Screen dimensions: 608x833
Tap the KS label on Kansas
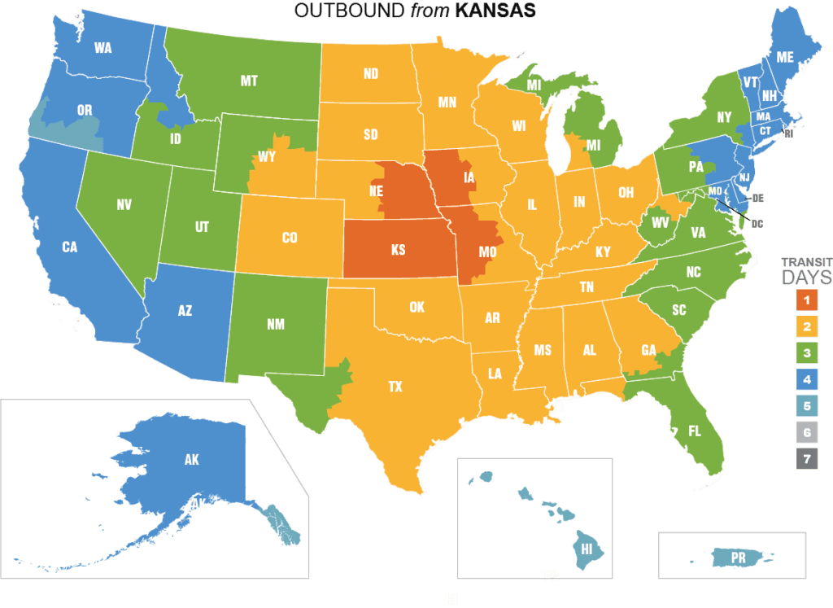tap(398, 250)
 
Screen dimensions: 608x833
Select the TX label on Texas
tap(395, 387)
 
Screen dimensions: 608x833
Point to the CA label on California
tap(70, 247)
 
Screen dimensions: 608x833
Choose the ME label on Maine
tap(784, 57)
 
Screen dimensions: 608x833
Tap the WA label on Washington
tap(102, 48)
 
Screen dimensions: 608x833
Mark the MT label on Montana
tap(249, 81)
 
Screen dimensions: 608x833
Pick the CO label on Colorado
tap(290, 238)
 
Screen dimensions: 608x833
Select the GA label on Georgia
tap(648, 350)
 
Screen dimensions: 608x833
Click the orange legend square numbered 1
tap(806, 300)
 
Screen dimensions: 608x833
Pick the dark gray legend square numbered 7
tap(806, 459)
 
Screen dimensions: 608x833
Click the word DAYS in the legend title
tap(807, 278)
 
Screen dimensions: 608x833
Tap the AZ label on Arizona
tap(185, 311)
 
